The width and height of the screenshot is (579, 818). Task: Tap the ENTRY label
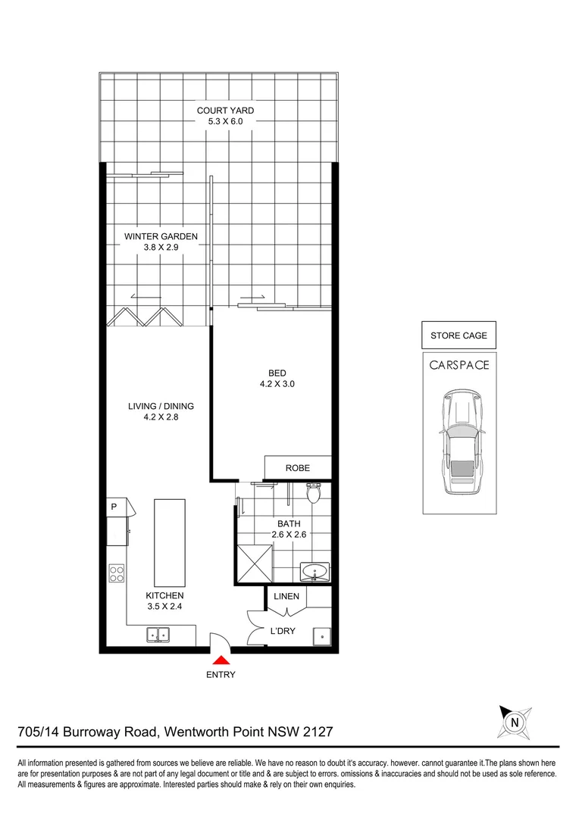click(221, 675)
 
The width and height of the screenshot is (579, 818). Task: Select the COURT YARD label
click(225, 111)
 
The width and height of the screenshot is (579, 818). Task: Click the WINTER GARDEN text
click(161, 236)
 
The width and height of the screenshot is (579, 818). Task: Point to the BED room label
click(277, 373)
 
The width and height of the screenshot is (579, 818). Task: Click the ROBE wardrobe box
click(297, 468)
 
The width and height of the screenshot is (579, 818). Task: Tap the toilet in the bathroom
click(313, 494)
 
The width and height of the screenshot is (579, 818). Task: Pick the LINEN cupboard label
click(286, 597)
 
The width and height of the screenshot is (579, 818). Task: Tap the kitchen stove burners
click(117, 573)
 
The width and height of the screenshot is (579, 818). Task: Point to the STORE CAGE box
click(459, 335)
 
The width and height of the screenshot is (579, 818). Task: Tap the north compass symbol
click(515, 722)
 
